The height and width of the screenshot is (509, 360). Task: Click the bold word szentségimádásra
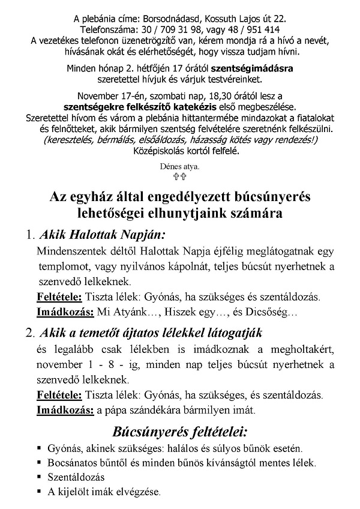(255, 68)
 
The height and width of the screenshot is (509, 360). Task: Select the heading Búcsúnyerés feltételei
(180, 432)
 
